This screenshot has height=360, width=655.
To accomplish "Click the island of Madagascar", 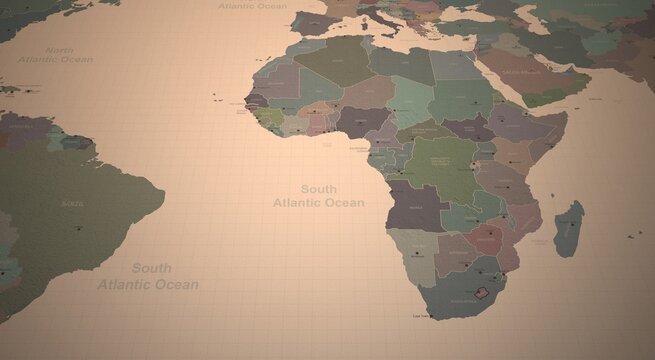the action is (569, 228).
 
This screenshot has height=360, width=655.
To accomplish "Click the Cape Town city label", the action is (420, 316).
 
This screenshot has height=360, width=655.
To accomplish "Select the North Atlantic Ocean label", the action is (55, 54).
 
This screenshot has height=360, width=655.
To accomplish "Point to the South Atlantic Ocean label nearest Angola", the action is (318, 195).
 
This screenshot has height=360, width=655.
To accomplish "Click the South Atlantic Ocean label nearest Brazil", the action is (149, 276).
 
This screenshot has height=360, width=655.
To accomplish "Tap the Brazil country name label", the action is (72, 203).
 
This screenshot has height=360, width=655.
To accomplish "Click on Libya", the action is (400, 63).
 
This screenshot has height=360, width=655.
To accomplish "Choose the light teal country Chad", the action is (411, 100).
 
